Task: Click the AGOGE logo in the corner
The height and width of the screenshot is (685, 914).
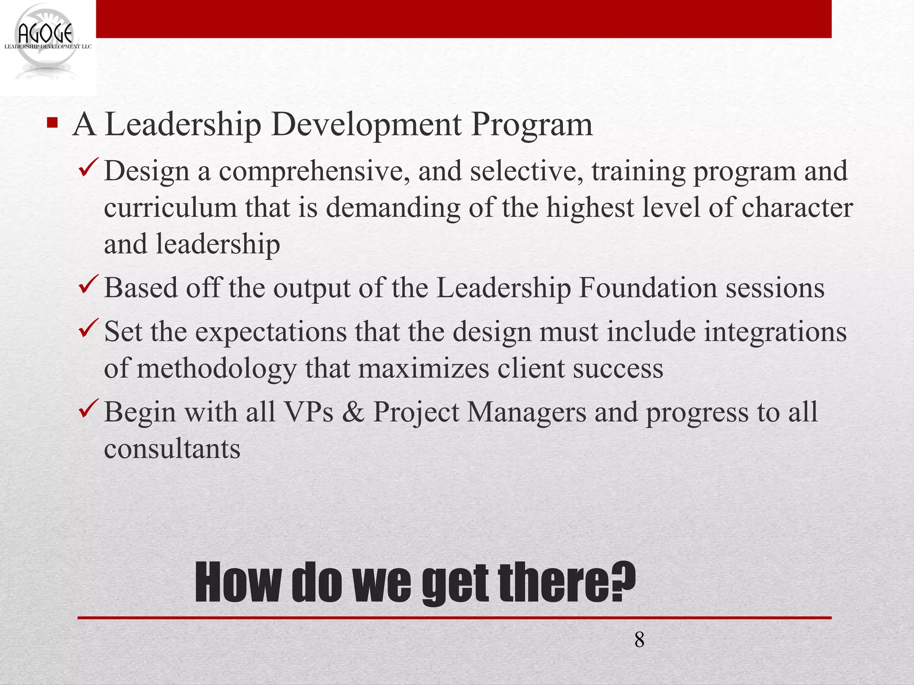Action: (x=47, y=42)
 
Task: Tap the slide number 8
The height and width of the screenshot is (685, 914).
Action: (x=639, y=640)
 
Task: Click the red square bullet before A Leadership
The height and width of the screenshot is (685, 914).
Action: (x=52, y=122)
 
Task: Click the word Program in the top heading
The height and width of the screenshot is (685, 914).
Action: (x=532, y=125)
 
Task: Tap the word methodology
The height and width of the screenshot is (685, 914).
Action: (x=216, y=369)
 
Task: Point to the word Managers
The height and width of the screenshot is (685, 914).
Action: (x=527, y=413)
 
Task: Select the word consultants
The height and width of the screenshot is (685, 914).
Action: (x=172, y=449)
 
